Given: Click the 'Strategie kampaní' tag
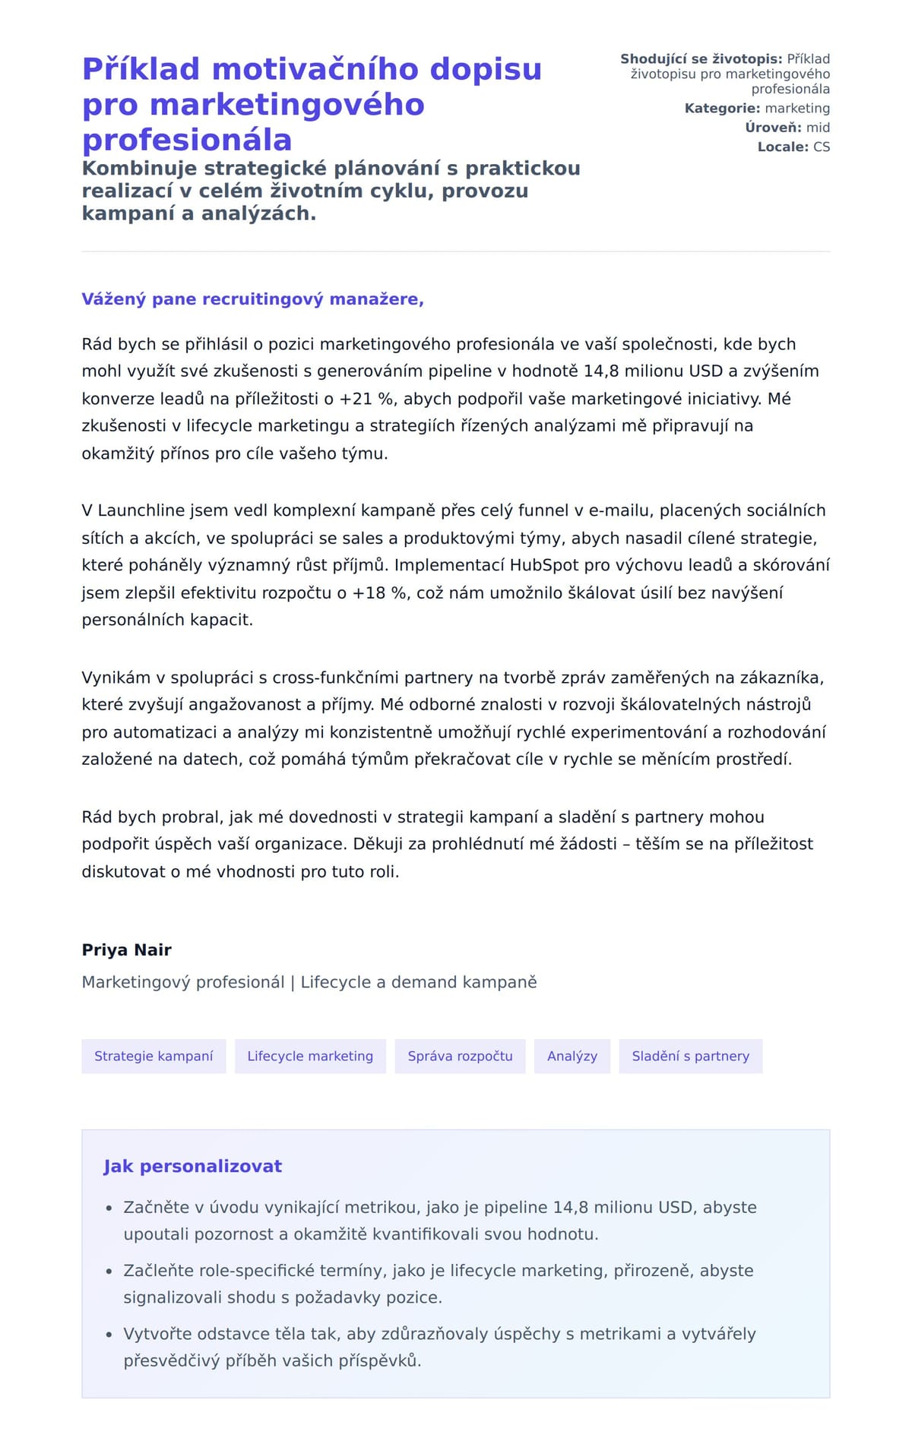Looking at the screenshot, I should coord(154,1056).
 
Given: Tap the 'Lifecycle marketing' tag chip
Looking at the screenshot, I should coord(310,1056).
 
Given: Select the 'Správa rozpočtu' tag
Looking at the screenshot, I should coord(460,1056).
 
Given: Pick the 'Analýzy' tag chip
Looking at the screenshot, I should coord(572,1056).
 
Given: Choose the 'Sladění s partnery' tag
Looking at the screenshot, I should coord(690,1056).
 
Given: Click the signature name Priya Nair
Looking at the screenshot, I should coord(127,949).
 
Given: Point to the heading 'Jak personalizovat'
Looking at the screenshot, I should coord(192,1166).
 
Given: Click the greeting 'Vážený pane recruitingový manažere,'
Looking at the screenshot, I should coord(252,299).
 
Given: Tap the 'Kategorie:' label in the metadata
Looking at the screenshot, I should coord(722,109).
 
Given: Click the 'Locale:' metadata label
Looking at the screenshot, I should coord(783,147).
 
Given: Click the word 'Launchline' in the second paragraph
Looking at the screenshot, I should coord(141,510).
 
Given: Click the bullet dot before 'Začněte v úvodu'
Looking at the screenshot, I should coord(109,1208).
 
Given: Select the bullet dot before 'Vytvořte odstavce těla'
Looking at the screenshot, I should coord(109,1334).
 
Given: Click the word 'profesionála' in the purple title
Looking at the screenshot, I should coord(187,140).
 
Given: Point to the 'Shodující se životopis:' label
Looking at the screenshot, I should coord(701,59).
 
